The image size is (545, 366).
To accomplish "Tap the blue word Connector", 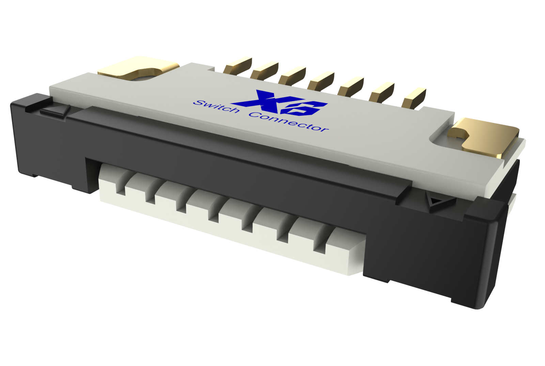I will [x=289, y=121].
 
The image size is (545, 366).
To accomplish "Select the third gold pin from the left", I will [x=292, y=75].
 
